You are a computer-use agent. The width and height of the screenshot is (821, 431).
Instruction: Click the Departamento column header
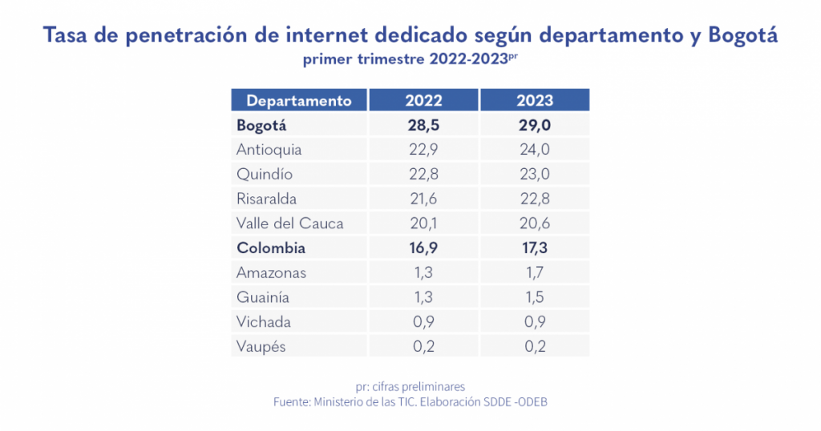pos(299,101)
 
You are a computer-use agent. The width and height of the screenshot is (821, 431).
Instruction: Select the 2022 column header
pos(423,101)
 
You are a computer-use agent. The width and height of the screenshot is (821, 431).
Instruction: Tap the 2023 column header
pos(535,101)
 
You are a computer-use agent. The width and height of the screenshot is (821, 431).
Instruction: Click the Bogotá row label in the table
pos(261,126)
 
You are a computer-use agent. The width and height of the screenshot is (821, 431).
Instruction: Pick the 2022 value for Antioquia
pos(423,150)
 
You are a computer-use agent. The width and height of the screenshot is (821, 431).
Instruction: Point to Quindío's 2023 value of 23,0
pos(535,174)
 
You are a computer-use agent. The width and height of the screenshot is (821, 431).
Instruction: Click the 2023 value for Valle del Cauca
pos(535,224)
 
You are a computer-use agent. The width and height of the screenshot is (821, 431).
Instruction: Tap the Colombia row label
pos(271,248)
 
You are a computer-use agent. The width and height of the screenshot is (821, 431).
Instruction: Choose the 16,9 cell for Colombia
pos(423,248)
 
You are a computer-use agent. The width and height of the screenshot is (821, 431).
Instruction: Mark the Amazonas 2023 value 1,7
pos(535,272)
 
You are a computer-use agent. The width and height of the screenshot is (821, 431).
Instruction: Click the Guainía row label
pos(264,297)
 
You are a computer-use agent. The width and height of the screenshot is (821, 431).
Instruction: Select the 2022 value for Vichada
pos(423,322)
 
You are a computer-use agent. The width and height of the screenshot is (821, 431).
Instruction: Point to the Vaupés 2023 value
pos(535,347)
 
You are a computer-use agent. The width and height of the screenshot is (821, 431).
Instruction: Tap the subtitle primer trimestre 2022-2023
pos(410,60)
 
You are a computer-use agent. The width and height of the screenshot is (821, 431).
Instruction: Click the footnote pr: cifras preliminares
pos(410,386)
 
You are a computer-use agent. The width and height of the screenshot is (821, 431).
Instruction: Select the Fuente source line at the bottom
pos(410,403)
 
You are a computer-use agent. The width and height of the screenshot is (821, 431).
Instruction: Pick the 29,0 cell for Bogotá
pos(535,126)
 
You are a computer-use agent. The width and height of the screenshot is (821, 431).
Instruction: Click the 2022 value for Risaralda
pos(423,199)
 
